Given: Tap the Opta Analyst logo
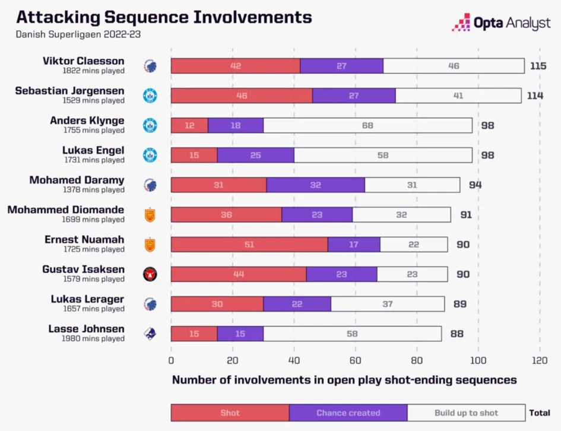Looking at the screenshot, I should point(502,23).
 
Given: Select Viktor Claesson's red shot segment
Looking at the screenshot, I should point(236,66).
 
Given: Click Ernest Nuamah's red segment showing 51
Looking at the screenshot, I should point(249,244).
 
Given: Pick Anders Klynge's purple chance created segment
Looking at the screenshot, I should point(236,125).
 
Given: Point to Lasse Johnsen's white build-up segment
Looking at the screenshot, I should point(352,334).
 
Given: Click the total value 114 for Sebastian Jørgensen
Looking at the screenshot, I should point(535,96).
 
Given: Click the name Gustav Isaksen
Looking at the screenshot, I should point(83,269).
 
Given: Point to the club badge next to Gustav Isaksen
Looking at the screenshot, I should point(150,274).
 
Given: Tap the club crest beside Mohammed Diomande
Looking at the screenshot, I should point(150,214).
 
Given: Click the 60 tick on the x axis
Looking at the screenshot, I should point(356,360).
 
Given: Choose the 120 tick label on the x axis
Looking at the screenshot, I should point(539,360).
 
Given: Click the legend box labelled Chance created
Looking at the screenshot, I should point(348,413).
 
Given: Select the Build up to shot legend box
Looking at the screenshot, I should point(466,413).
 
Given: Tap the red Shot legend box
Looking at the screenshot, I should point(230,413).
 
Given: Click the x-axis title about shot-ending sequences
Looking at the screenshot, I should point(344,379).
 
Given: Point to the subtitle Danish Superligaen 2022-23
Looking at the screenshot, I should point(78,34).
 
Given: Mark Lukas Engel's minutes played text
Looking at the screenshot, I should point(95,160).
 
